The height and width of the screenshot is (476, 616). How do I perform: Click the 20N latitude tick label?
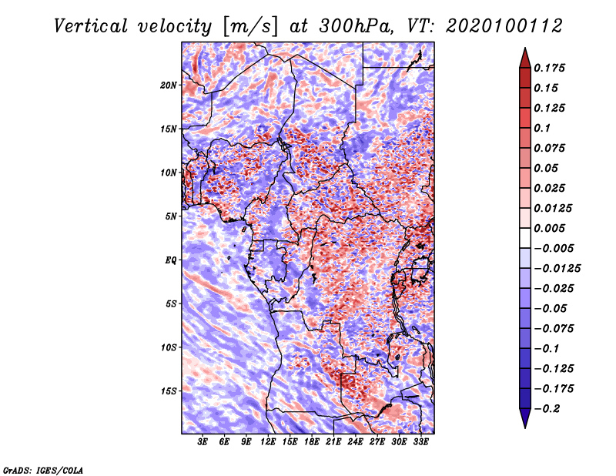click(x=168, y=85)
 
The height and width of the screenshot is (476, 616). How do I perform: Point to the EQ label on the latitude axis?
click(x=170, y=260)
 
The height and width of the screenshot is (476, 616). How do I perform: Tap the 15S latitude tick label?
click(x=168, y=391)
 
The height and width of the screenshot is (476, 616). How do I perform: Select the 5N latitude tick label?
click(x=171, y=216)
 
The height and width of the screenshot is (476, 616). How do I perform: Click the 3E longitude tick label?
click(x=203, y=442)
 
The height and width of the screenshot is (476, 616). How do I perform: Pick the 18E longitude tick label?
click(x=312, y=442)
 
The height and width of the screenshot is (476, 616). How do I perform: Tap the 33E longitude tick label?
click(x=420, y=442)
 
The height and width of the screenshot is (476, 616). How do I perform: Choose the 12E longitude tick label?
click(x=268, y=442)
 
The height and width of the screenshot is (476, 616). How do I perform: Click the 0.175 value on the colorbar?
click(x=549, y=68)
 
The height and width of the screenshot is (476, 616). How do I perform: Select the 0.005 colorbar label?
click(x=549, y=228)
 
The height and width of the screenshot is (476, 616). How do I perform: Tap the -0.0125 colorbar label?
click(x=557, y=269)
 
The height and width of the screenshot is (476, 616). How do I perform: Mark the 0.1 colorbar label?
click(x=542, y=128)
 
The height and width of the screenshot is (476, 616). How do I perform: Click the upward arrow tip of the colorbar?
click(x=525, y=48)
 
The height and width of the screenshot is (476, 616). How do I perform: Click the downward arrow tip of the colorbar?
click(x=525, y=427)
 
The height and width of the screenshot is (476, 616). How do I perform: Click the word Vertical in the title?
click(x=91, y=26)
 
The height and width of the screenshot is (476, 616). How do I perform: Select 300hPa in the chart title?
click(x=356, y=26)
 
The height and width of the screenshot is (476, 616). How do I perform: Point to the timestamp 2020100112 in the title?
click(x=504, y=26)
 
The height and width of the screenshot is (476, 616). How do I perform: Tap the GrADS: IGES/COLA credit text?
click(x=43, y=470)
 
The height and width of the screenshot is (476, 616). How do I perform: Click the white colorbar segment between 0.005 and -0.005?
click(x=525, y=238)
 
